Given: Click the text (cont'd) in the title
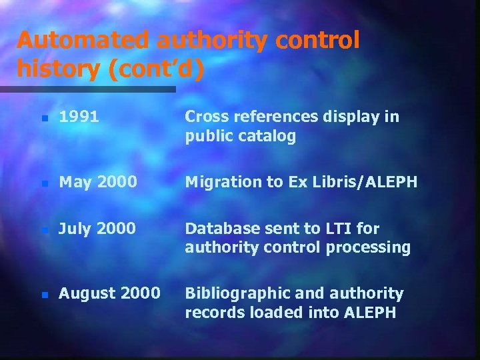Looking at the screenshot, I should [x=158, y=68].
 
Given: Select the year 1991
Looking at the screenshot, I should [x=79, y=117].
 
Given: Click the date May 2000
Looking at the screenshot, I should [x=98, y=182].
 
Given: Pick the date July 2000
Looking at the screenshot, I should [x=97, y=229].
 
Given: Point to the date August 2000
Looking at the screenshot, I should [x=109, y=293].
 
